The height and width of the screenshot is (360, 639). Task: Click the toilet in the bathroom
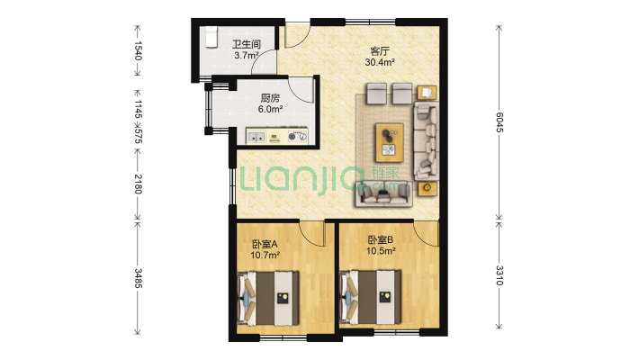click(x=211, y=37)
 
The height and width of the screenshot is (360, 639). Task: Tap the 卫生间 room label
click(x=247, y=44)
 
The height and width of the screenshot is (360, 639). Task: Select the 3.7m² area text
click(x=247, y=56)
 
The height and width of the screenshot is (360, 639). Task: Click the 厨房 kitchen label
click(x=270, y=98)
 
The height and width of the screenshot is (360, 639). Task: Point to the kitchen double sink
click(x=256, y=137)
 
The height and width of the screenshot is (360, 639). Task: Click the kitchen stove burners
click(x=297, y=136)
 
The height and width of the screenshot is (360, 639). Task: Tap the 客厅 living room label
click(x=380, y=51)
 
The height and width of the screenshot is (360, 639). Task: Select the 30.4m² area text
click(x=380, y=62)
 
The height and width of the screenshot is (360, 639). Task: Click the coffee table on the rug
click(x=389, y=143)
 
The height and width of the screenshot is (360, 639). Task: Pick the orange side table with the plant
click(x=427, y=188)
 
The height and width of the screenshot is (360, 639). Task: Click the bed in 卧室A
click(x=268, y=298)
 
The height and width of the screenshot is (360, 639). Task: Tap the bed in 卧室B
click(x=370, y=297)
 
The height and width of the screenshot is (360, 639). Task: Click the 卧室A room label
click(x=265, y=244)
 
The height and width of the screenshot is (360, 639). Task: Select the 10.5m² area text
click(x=381, y=251)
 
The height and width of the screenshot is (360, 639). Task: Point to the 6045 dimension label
click(x=499, y=121)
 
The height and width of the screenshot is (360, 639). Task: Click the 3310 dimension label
click(x=499, y=275)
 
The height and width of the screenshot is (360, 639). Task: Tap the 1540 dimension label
click(x=139, y=50)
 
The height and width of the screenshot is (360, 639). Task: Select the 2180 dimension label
click(x=139, y=184)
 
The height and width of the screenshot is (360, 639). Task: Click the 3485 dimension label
click(x=139, y=278)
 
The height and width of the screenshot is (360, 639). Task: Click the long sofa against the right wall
click(x=427, y=140)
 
